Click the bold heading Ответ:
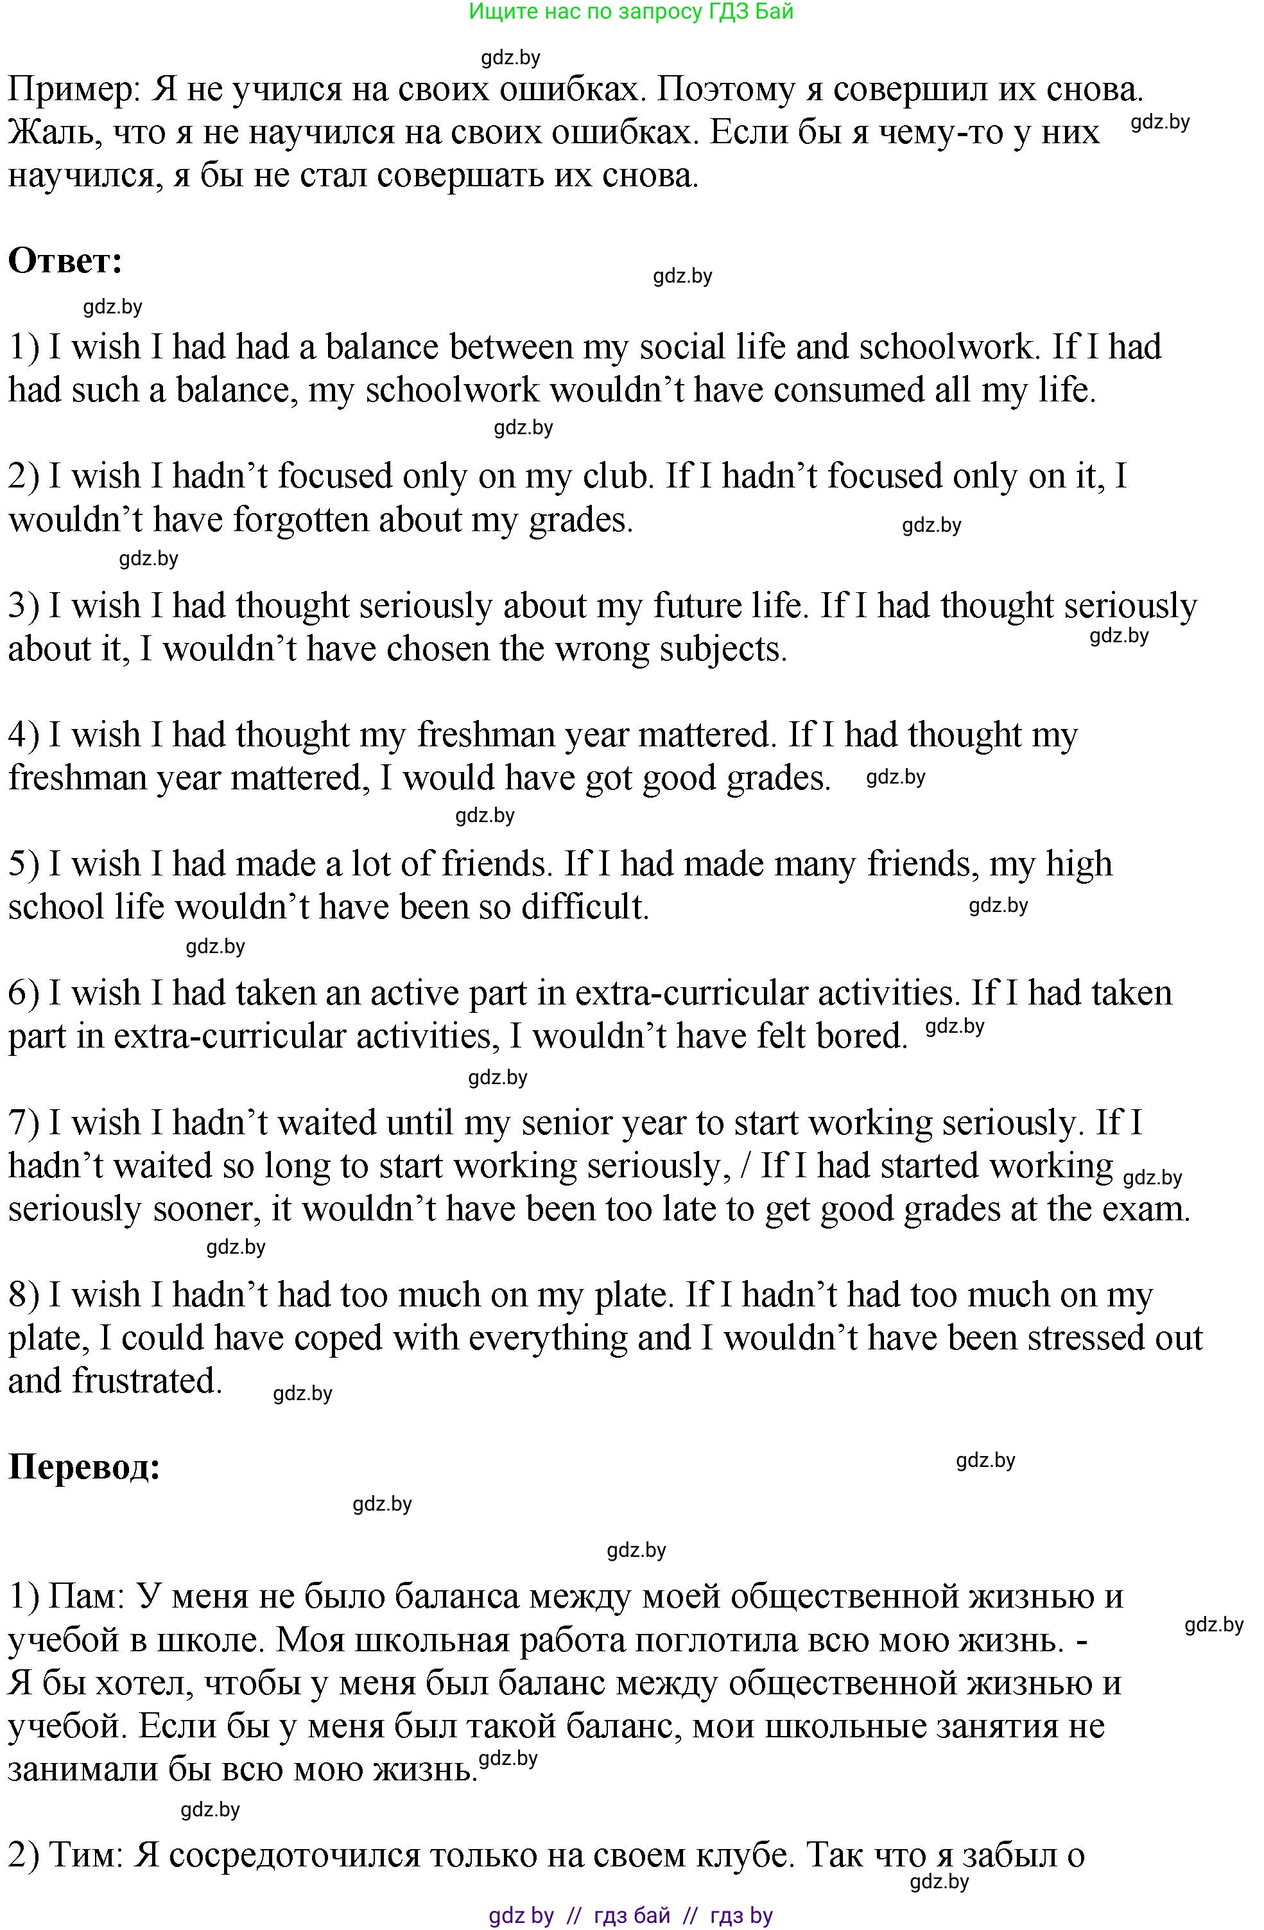coord(65,261)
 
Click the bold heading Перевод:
coord(84,1467)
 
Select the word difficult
coord(585,908)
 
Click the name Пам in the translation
coord(83,1597)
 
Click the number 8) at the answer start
coord(24,1295)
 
